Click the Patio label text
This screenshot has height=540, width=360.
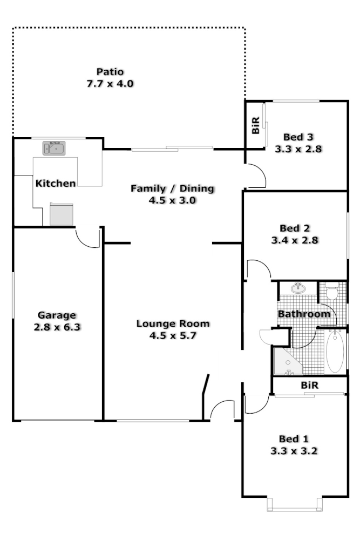click(110, 71)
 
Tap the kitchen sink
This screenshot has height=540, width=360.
click(54, 148)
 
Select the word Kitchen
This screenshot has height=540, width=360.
click(56, 184)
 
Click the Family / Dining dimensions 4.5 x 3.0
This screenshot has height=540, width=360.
click(172, 200)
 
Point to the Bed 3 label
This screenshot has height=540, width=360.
click(298, 137)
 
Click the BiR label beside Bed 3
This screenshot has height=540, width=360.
click(256, 125)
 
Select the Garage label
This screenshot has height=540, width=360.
click(57, 315)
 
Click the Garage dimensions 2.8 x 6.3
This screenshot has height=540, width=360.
click(57, 327)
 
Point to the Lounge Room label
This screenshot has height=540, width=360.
click(172, 324)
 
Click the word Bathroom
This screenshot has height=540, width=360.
click(304, 314)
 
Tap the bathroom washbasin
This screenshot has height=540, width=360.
click(298, 288)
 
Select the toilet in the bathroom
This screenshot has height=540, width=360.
click(331, 291)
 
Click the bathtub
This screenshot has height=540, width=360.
click(335, 352)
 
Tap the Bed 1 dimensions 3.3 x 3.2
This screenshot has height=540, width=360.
click(295, 450)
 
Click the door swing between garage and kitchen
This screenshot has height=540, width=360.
click(87, 238)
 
